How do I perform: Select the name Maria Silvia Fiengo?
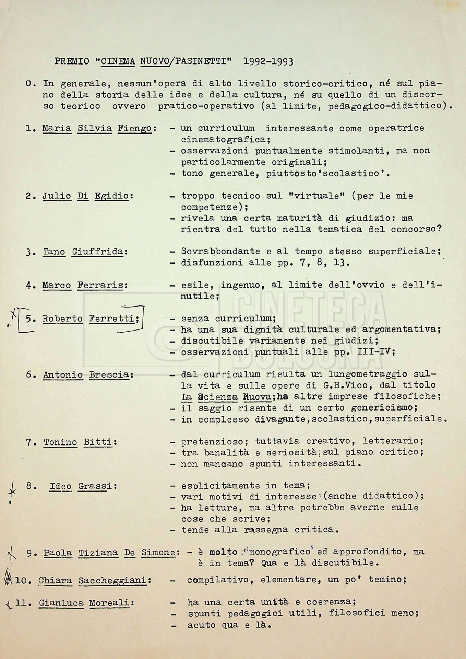coord(97,129)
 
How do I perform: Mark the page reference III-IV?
coord(377,352)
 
